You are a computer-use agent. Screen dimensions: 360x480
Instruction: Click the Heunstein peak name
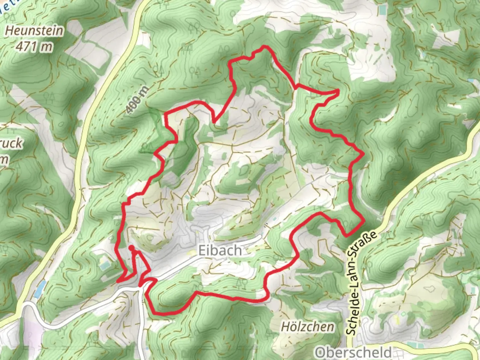34,31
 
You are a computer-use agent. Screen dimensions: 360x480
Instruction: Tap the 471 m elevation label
34,47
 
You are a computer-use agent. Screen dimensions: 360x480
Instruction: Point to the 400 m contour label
136,99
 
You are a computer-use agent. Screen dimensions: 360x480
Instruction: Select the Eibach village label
220,250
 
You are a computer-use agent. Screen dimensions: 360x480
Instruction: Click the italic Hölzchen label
307,327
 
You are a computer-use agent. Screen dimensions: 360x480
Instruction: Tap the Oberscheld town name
354,352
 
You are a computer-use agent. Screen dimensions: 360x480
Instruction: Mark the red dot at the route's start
131,247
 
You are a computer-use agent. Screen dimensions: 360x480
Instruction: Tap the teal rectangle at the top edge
382,10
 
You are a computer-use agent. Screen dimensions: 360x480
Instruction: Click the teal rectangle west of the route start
104,265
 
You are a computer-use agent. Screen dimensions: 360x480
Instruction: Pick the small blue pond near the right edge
470,81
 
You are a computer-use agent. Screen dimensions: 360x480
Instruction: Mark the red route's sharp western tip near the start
118,281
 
